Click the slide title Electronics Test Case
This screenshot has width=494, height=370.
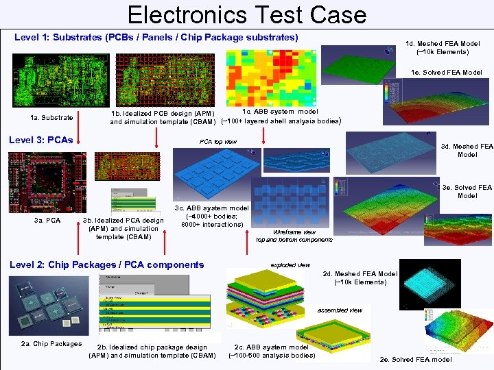click(247, 14)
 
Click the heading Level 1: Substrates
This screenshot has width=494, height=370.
click(156, 36)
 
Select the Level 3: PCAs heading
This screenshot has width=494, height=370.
click(40, 140)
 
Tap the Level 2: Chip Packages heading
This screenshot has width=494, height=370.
click(106, 264)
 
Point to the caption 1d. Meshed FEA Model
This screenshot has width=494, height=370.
click(443, 47)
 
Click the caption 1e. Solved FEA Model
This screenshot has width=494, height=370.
click(446, 73)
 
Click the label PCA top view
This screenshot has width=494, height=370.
click(217, 142)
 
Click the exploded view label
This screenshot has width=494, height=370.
click(290, 264)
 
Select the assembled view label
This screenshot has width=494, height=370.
click(339, 310)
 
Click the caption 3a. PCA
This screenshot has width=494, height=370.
click(47, 220)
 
